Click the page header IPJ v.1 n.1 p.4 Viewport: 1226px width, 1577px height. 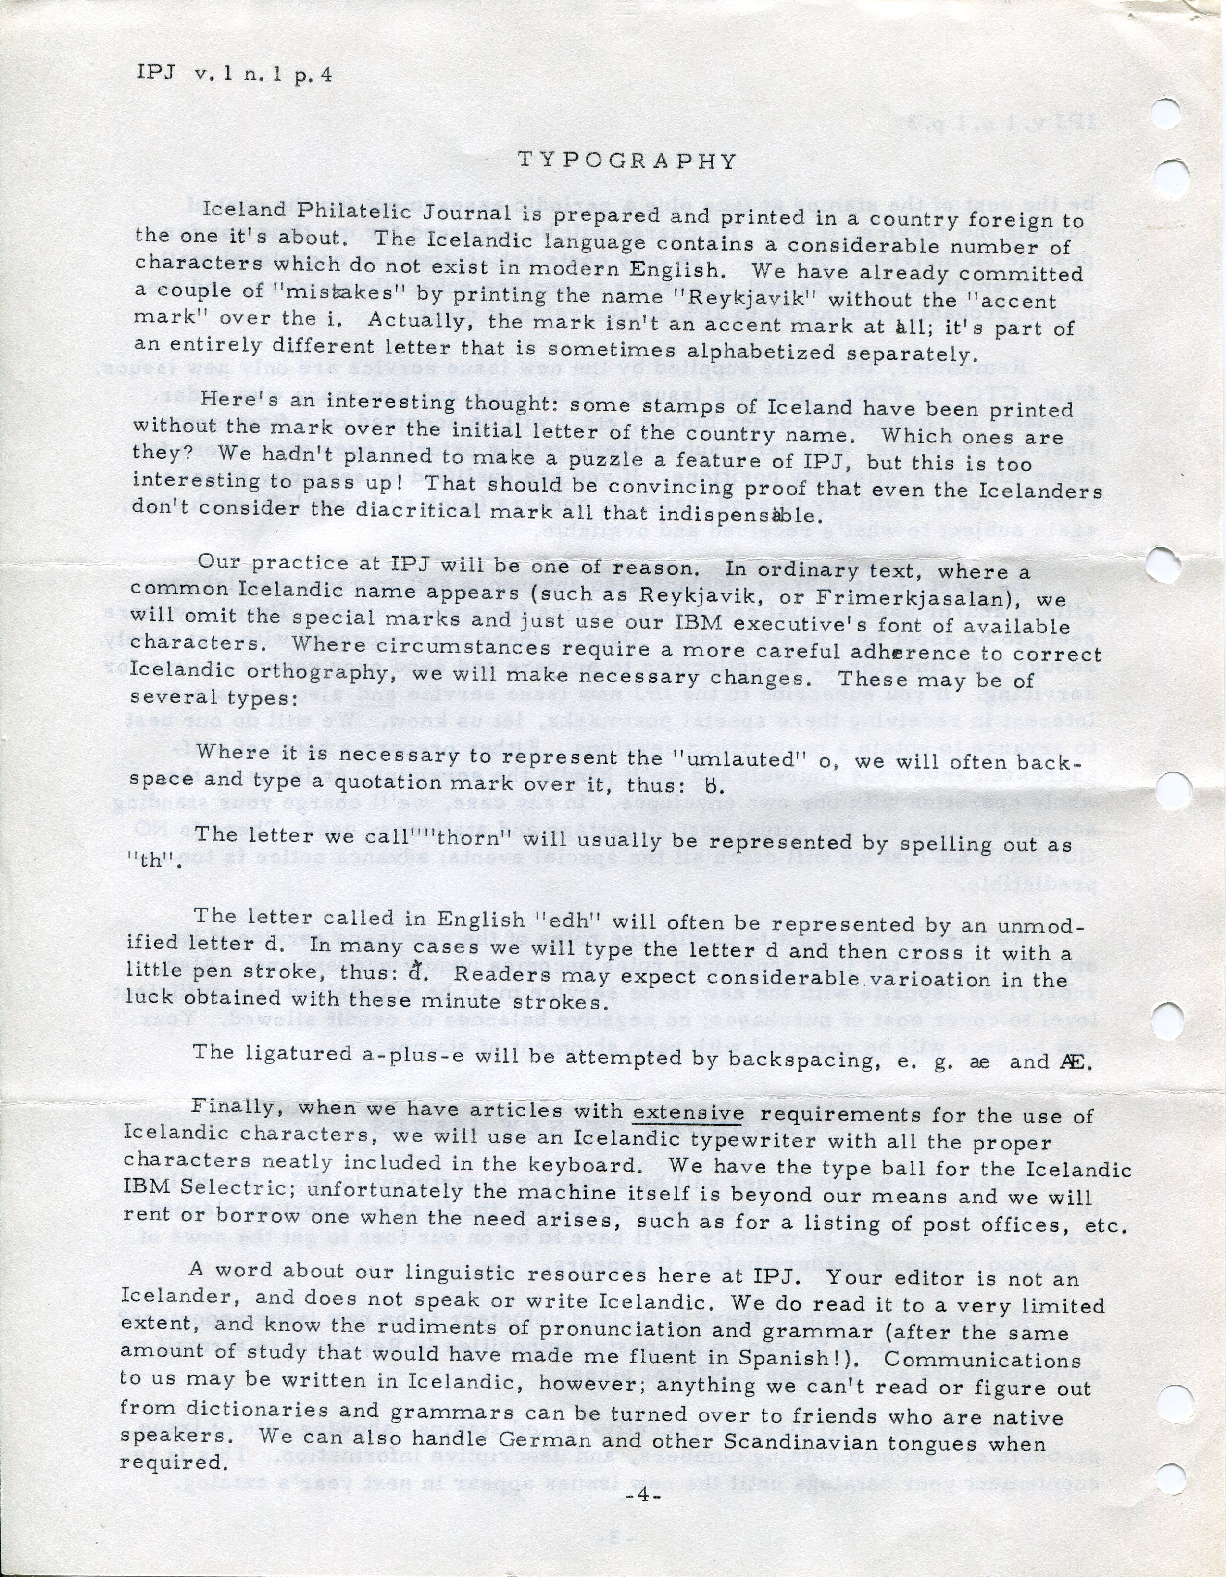[234, 75]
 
